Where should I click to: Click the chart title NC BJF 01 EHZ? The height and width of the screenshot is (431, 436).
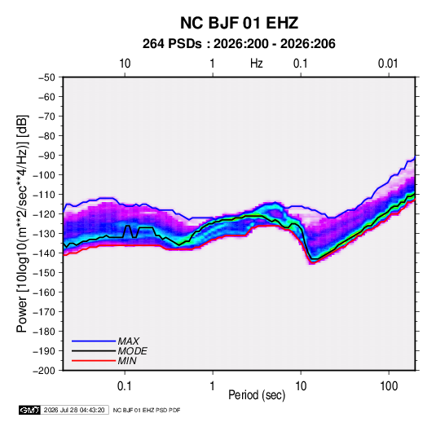[x=239, y=23]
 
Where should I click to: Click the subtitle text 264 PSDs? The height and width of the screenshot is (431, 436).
[x=172, y=44]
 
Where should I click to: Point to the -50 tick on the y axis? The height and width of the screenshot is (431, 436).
[x=46, y=77]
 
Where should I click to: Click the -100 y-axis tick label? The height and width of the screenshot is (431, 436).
[x=44, y=175]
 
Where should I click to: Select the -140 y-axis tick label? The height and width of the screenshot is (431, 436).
[x=44, y=253]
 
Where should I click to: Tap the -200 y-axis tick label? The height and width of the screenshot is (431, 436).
[x=44, y=371]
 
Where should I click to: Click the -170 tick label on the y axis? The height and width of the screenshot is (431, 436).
[x=44, y=312]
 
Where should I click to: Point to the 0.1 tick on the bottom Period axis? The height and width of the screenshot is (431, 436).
[x=125, y=386]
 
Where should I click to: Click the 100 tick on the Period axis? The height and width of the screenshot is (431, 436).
[x=389, y=386]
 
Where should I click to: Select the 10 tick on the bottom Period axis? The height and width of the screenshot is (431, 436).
[x=301, y=386]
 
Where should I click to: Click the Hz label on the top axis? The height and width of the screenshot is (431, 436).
[x=257, y=64]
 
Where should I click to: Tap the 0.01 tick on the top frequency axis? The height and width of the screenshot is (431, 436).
[x=388, y=64]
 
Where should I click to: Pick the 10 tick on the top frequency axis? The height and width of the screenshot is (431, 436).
[x=125, y=64]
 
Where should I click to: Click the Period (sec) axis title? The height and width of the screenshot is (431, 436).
[x=257, y=395]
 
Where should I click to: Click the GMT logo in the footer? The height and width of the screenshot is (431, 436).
[x=29, y=410]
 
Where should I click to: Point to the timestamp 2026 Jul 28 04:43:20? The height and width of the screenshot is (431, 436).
[x=74, y=410]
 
